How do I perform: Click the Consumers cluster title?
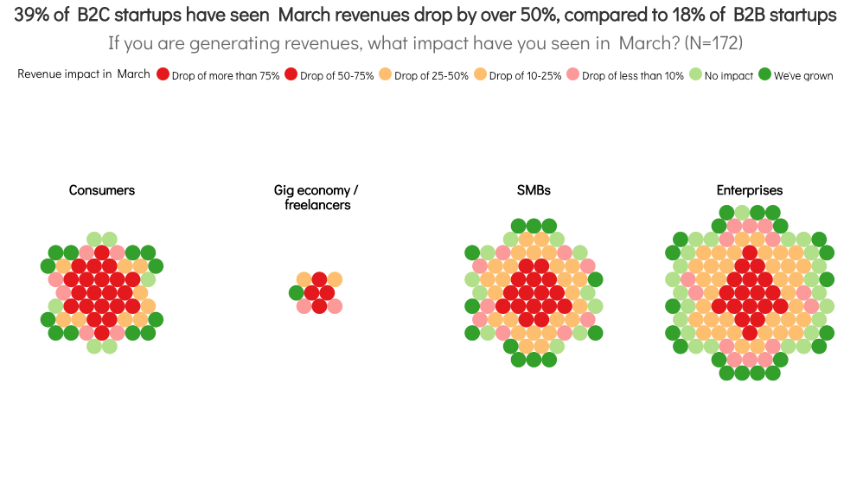coord(102,190)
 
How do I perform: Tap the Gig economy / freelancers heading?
coord(316,197)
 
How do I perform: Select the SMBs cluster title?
coord(534,190)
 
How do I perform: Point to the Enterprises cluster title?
coord(749,190)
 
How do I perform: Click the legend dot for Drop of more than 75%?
coord(163,74)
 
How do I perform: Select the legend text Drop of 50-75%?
coord(337,76)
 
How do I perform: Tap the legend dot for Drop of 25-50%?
coord(386,74)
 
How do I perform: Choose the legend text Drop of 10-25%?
coord(525,76)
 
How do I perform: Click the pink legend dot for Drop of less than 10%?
coord(573,74)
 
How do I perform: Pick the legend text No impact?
coord(729,76)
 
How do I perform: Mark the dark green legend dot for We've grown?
coord(765,74)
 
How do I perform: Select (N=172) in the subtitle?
coord(713,43)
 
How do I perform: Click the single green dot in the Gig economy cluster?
coord(296,293)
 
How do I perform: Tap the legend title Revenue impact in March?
coord(84,74)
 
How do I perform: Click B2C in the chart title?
coord(93,15)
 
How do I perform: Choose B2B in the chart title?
coord(749,15)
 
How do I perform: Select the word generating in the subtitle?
coord(234,43)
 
